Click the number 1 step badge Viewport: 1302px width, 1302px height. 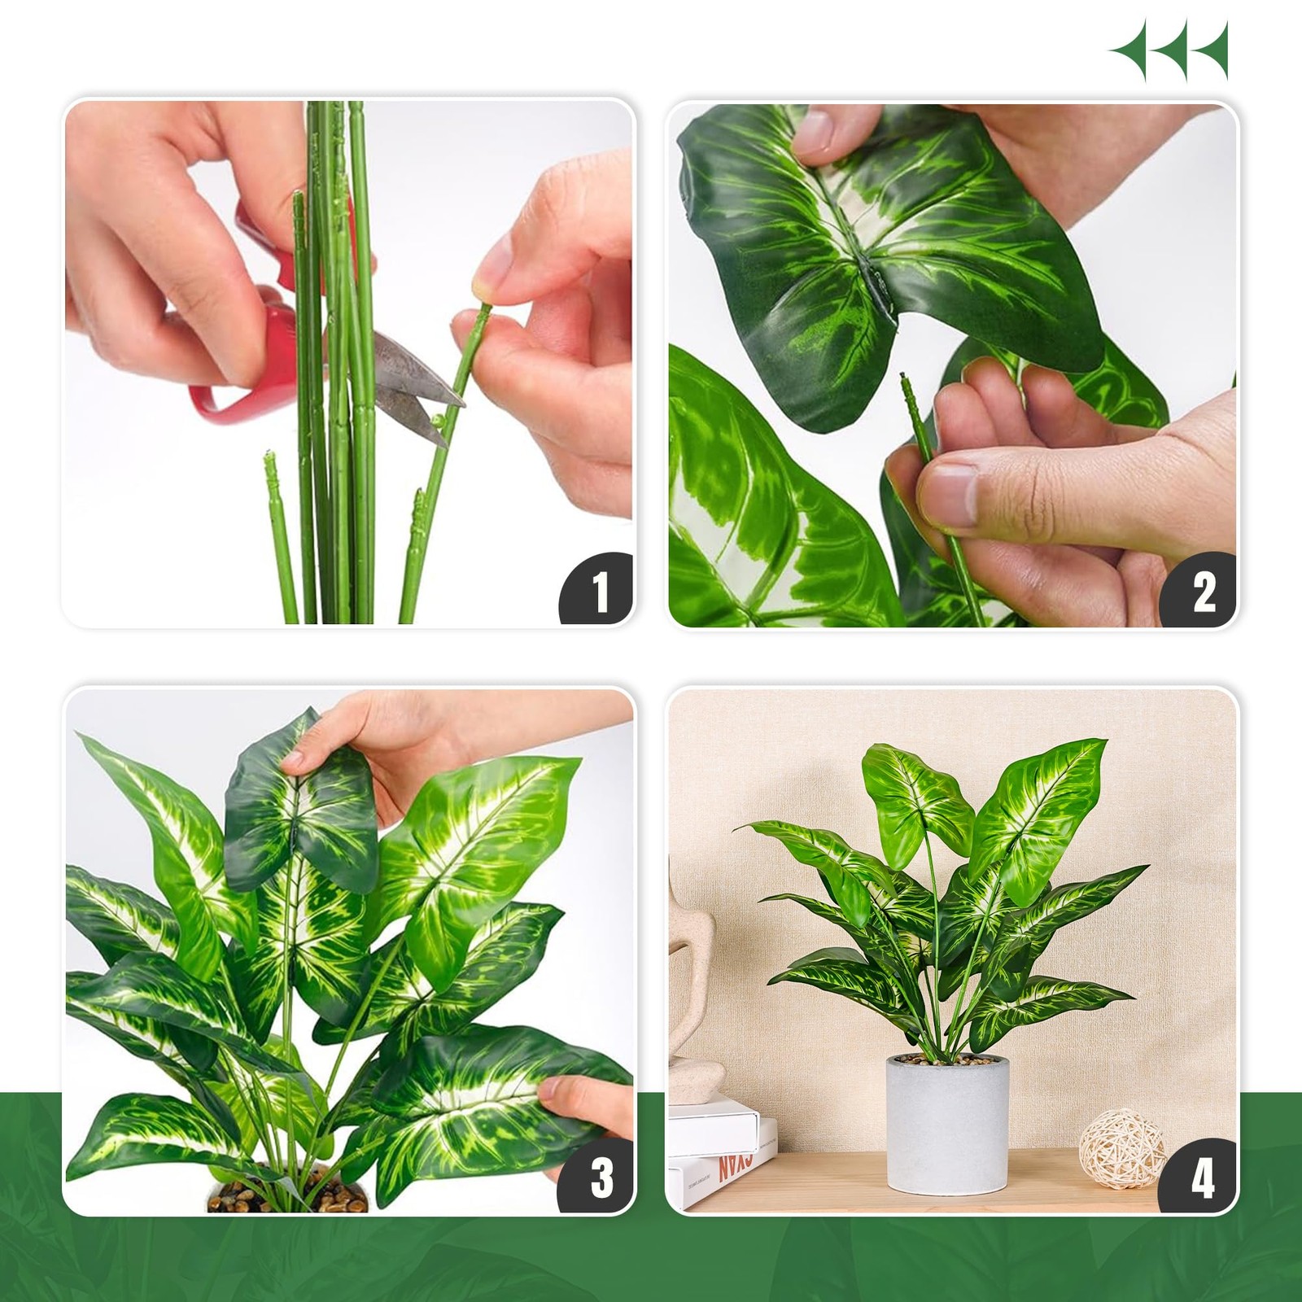coord(601,592)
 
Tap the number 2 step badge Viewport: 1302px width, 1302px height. coord(1203,592)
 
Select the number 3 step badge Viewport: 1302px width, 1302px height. coord(601,1177)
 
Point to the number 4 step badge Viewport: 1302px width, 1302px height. coord(1203,1177)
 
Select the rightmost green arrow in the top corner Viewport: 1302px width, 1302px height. coord(1210,50)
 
